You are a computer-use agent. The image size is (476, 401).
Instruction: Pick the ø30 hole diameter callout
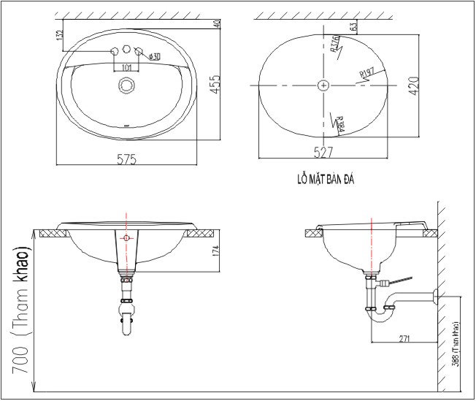[x=154, y=57]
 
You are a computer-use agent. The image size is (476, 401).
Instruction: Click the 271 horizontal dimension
[x=404, y=337]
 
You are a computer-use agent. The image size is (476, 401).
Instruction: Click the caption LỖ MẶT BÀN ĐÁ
[x=322, y=177]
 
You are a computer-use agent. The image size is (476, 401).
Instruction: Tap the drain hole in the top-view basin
[x=127, y=86]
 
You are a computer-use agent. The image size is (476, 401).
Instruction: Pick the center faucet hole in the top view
[x=126, y=50]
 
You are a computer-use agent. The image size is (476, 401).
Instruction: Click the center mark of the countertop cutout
[x=323, y=85]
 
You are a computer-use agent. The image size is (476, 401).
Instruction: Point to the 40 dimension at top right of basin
[x=217, y=24]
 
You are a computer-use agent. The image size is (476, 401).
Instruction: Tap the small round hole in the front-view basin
[x=127, y=239]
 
